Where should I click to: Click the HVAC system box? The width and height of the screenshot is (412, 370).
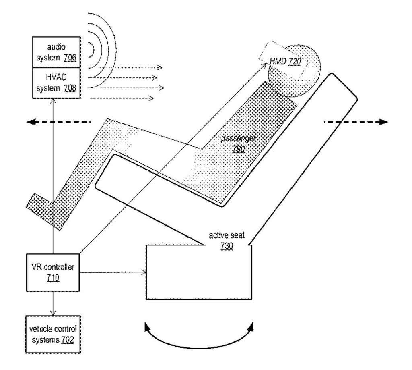tap(56, 83)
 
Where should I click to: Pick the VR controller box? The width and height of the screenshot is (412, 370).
tap(53, 272)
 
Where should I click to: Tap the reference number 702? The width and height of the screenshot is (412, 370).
tap(67, 339)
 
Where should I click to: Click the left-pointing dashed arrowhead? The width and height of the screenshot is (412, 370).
tap(30, 122)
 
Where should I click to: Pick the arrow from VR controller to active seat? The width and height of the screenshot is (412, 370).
tap(113, 272)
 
